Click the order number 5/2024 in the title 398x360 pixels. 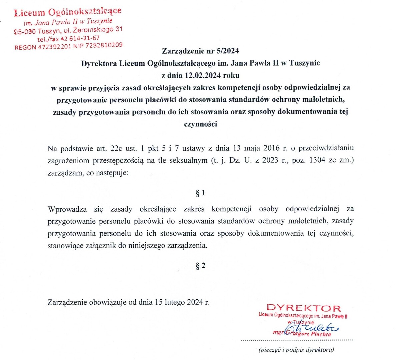point(228,51)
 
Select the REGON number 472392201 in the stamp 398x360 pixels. point(54,47)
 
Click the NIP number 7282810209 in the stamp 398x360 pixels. point(104,45)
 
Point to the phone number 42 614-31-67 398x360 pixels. point(80,38)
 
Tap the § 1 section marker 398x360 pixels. point(200,193)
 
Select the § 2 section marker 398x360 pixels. point(200,266)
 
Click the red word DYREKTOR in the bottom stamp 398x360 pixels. point(304,308)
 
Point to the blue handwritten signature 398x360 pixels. point(312,327)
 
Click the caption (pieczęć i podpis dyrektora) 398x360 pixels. point(296,350)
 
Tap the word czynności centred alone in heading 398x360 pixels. point(200,124)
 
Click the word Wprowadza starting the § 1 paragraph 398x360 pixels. point(67,209)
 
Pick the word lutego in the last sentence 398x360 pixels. point(173,302)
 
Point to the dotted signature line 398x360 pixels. point(297,340)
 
